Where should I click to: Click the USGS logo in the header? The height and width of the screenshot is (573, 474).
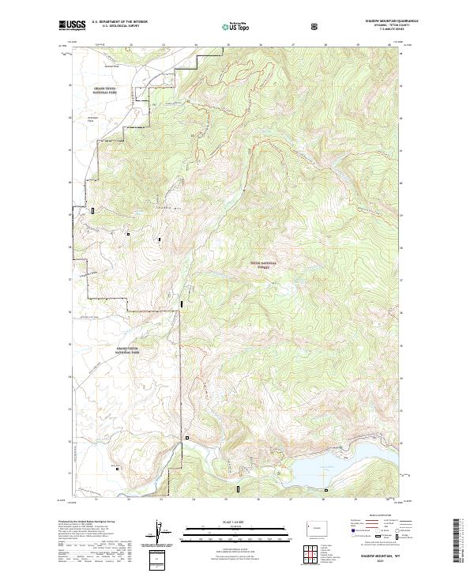tap(72, 26)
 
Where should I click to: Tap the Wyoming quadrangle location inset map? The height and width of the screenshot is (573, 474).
tap(318, 525)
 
